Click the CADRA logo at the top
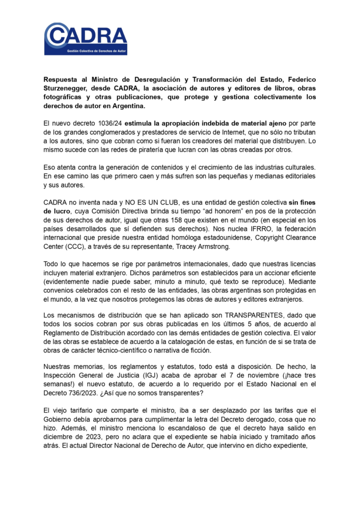[x=86, y=39]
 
